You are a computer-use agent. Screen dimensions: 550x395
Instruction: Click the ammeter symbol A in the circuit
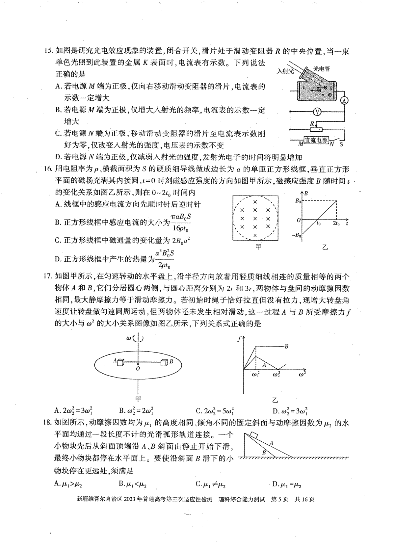(344, 101)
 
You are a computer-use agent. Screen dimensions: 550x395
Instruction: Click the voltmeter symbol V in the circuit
(317, 112)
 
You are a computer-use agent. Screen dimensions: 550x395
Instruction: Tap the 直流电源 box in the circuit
(316, 140)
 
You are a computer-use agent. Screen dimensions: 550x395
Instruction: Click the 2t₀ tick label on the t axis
(336, 223)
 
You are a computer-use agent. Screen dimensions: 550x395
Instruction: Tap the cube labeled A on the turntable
(120, 362)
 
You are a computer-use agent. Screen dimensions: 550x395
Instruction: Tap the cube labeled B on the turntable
(163, 362)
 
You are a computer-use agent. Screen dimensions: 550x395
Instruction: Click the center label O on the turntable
(138, 369)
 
